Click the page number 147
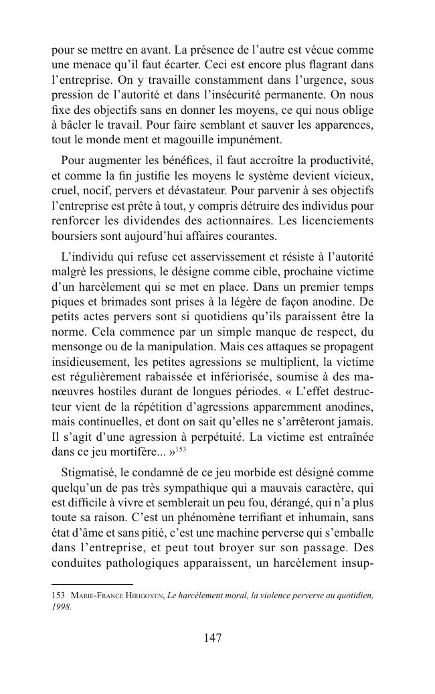pyautogui.click(x=212, y=638)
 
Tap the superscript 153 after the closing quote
pyautogui.click(x=181, y=449)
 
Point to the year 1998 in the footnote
pyautogui.click(x=61, y=607)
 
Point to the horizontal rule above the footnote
pyautogui.click(x=92, y=583)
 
